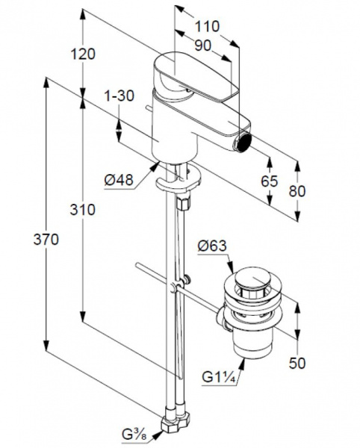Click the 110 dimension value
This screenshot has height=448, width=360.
(x=207, y=27)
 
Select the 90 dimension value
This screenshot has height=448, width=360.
(x=202, y=45)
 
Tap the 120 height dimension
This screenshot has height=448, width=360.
(x=83, y=54)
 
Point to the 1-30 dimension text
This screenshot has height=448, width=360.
(x=119, y=96)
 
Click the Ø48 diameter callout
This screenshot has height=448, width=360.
(x=119, y=180)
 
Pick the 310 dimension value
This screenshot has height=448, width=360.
(x=83, y=210)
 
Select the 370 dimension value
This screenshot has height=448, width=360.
(x=46, y=240)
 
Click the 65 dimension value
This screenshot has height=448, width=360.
(x=269, y=181)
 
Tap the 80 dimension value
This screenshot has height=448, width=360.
(x=297, y=191)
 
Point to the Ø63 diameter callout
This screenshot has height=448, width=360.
(x=212, y=246)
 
